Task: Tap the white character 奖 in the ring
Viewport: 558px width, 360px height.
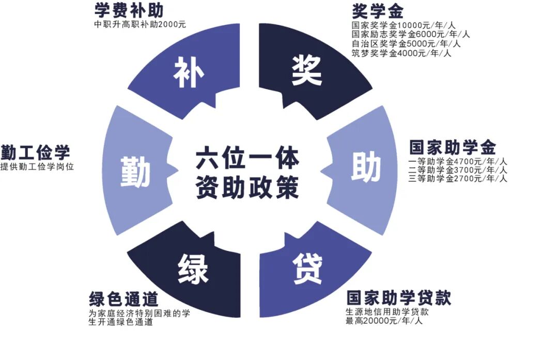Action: point(306,70)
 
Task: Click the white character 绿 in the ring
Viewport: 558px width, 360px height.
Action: point(193,269)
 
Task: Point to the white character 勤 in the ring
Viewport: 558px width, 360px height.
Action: point(135,171)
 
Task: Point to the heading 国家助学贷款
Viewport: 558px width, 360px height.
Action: point(398,298)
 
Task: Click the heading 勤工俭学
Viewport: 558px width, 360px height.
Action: point(35,153)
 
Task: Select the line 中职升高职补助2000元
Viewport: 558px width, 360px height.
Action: point(140,24)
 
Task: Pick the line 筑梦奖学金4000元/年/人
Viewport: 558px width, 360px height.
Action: point(401,53)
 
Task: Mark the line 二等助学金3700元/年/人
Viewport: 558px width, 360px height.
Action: point(457,169)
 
